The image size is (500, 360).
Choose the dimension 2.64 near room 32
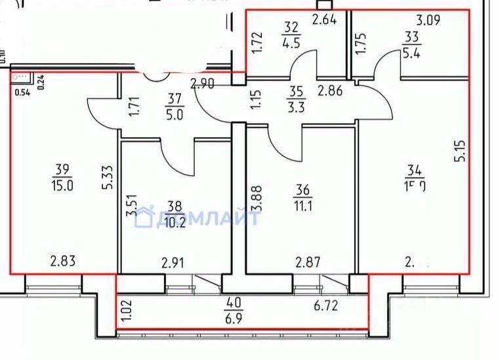pos(324,19)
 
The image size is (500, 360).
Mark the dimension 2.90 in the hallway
pos(203,84)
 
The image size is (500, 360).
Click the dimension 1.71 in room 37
pos(134,106)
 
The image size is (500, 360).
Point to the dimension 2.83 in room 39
pos(64,262)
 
